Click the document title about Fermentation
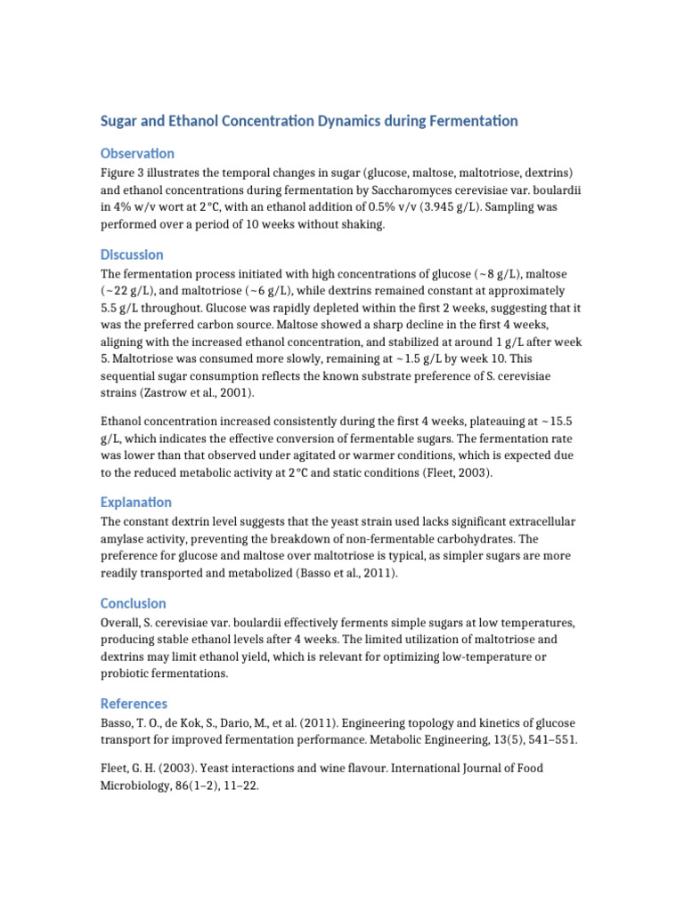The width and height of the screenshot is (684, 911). (x=309, y=121)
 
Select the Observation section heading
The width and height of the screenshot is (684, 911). (x=137, y=153)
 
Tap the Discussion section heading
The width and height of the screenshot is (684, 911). (x=132, y=254)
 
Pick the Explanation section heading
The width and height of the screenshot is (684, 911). (x=136, y=502)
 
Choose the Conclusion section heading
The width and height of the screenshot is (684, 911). (x=134, y=603)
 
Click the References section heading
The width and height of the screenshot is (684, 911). (x=134, y=704)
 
